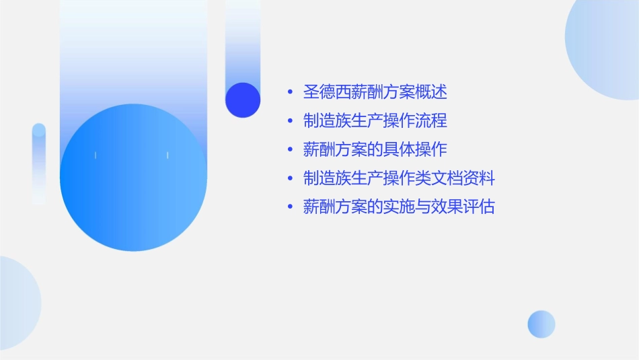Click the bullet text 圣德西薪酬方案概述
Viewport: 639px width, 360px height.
375,92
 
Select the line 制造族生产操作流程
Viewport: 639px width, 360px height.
375,120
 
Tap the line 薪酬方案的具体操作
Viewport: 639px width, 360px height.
375,149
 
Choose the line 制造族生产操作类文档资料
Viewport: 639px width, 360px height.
399,178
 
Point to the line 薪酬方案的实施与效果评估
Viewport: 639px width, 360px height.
399,207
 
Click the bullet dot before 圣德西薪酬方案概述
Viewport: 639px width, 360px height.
289,92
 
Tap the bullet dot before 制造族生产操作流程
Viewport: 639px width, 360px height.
289,121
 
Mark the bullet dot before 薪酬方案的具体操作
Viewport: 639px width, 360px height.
289,150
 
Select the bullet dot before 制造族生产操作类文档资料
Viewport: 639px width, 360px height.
289,179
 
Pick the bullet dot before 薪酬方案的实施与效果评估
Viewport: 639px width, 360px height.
289,208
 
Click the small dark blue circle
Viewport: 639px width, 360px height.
243,100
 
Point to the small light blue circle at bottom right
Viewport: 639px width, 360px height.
541,324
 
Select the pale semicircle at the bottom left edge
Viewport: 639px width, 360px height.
17,303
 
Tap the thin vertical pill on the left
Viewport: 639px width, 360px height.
39,164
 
